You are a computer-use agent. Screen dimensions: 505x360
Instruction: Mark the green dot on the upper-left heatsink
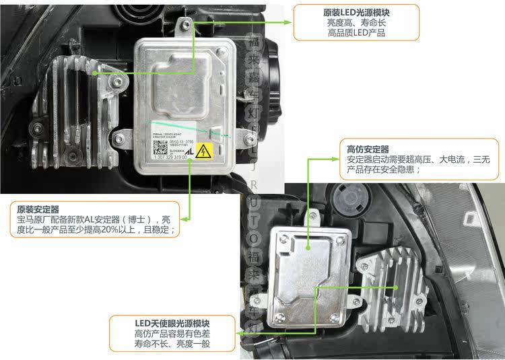click(x=96, y=72)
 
